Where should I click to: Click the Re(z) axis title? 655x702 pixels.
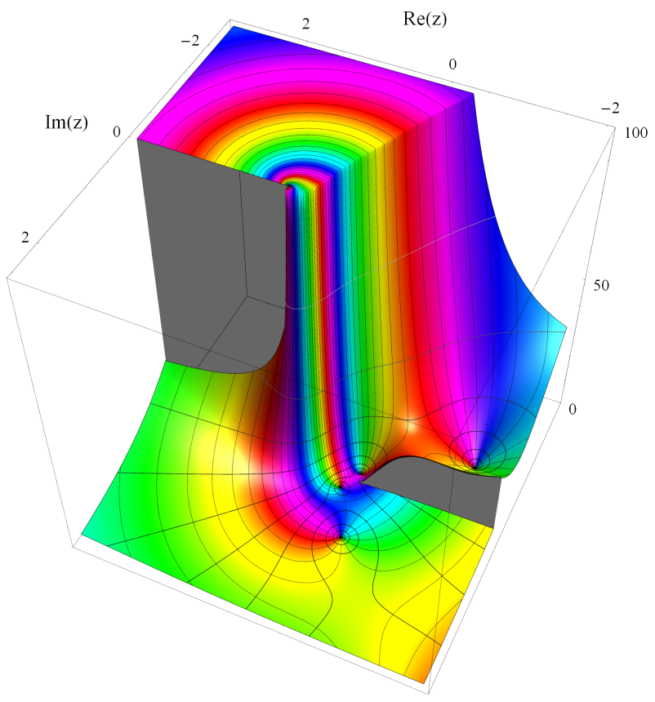point(425,19)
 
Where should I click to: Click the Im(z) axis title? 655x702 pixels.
point(66,122)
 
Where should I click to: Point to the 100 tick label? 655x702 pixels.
point(635,132)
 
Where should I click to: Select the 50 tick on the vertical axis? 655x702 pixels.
point(601,285)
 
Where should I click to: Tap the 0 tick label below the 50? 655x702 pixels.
point(573,409)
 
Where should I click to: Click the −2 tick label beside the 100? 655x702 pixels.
point(610,108)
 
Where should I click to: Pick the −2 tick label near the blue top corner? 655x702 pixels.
point(190,41)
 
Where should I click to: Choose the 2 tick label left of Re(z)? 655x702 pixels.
point(305,24)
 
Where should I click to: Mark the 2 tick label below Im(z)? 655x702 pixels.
point(25,237)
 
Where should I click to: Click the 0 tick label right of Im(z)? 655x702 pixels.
point(117,131)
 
